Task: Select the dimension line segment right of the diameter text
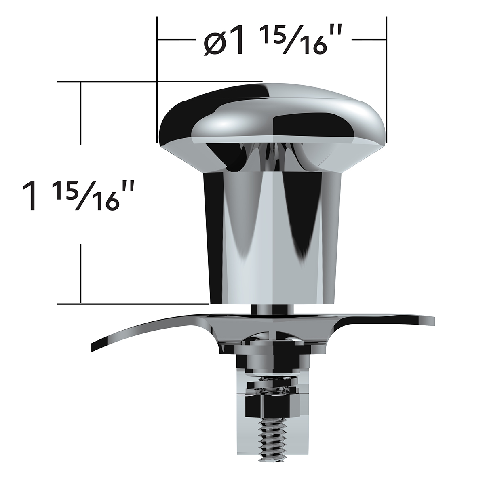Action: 369,40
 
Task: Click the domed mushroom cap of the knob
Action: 272,113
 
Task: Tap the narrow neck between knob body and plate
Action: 272,309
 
